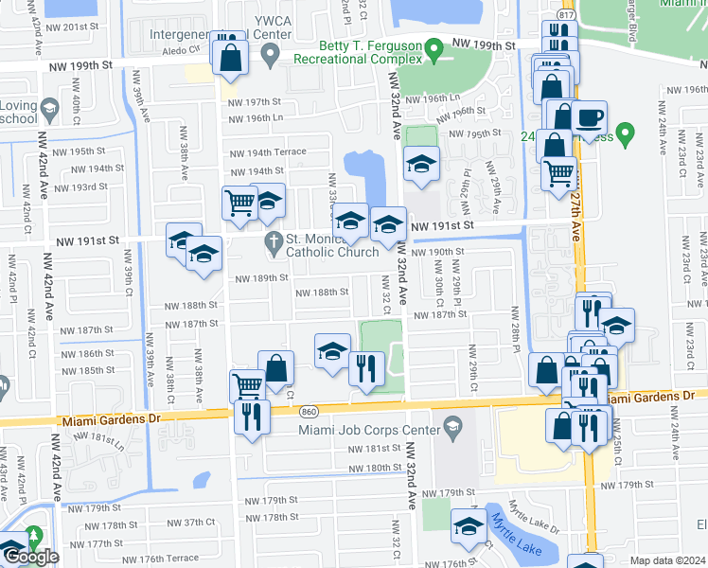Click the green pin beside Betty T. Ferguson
pos(434,46)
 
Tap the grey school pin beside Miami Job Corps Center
pos(452,427)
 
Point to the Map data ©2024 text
pos(665,560)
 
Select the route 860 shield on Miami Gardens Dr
pos(310,412)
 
